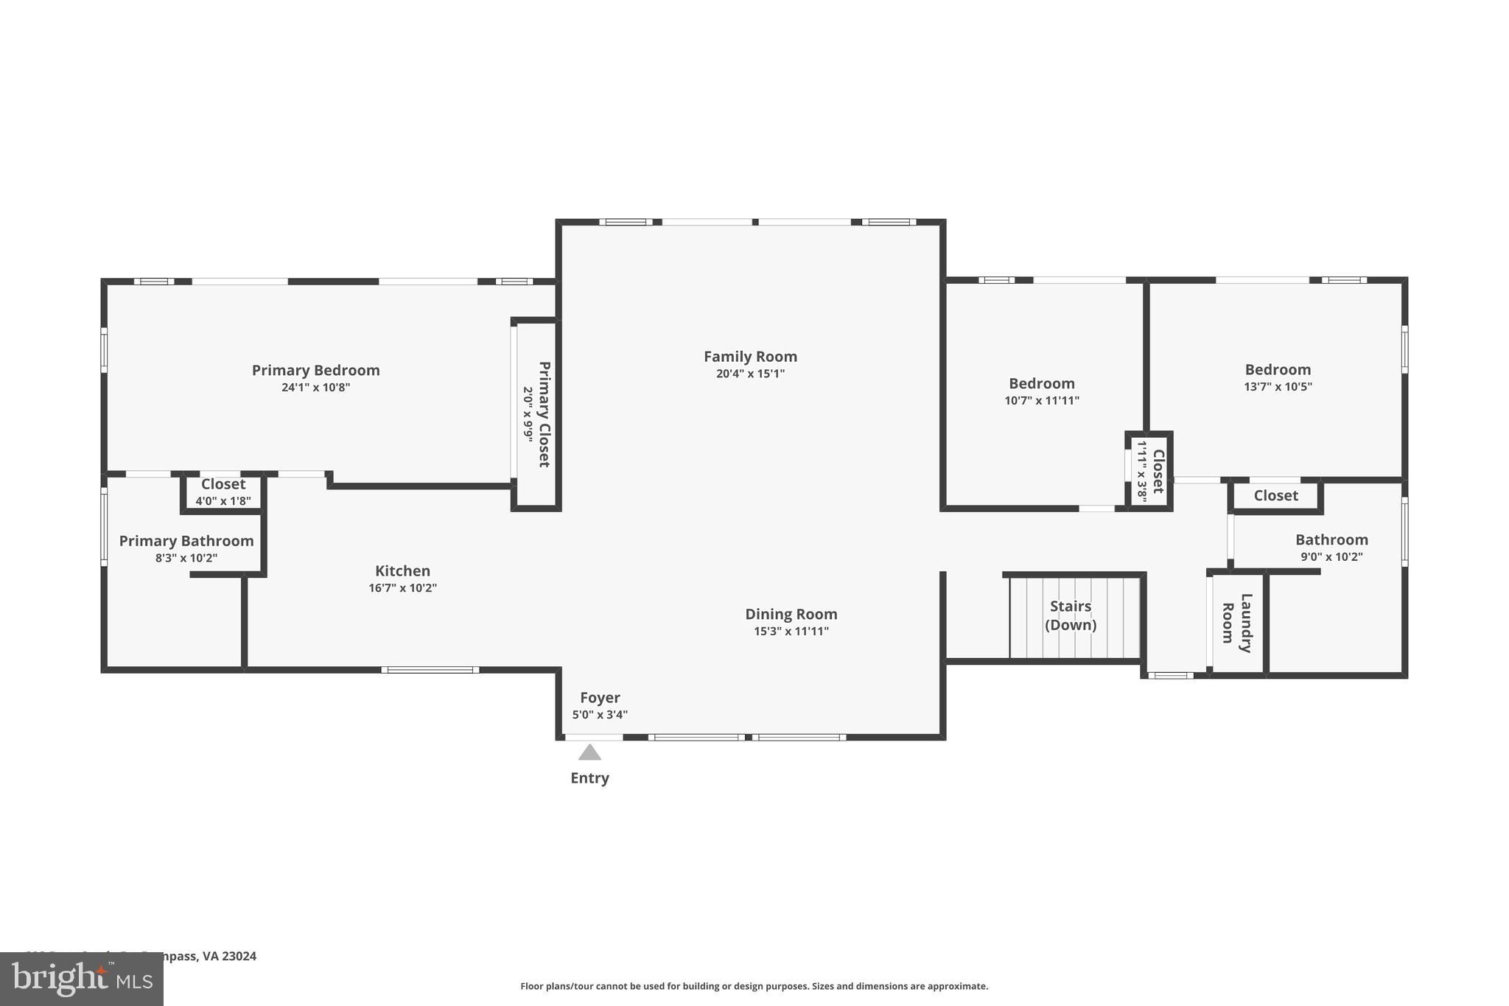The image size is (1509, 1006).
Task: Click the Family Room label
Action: pos(750,357)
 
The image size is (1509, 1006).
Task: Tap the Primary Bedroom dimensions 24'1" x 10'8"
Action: pos(315,388)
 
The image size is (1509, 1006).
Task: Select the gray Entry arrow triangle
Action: pos(589,752)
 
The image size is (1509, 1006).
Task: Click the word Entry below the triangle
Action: pos(589,778)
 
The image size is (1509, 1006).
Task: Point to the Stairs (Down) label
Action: pos(1071,615)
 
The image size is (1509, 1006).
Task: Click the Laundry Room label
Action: pos(1237,623)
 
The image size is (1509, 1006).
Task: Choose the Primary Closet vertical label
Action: pos(544,414)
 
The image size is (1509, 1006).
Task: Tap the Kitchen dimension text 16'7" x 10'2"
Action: pos(402,588)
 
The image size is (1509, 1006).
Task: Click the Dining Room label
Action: pos(791,614)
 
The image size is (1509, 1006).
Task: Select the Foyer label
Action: pos(600,697)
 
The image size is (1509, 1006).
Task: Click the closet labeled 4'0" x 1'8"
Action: pos(223,492)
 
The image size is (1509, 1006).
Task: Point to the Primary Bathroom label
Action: pos(186,541)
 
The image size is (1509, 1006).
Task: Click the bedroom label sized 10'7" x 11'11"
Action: pos(1041,384)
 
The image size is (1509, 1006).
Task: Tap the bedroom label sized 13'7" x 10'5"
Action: pos(1278,370)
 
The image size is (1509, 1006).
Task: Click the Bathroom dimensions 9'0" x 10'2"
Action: pos(1331,558)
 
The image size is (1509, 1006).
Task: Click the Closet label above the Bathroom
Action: pos(1275,496)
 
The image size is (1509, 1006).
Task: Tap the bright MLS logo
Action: pos(81,979)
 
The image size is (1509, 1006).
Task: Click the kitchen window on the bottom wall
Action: pos(430,670)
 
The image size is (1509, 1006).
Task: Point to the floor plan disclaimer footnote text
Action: pos(754,986)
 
